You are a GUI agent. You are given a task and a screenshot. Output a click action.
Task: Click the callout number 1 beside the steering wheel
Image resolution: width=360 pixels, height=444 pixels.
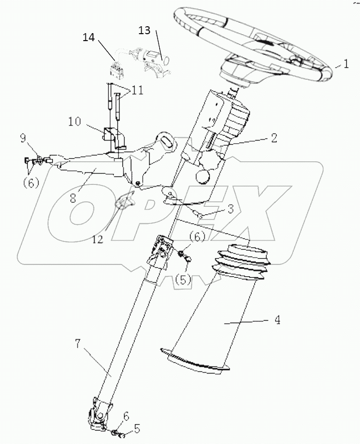(x=346, y=64)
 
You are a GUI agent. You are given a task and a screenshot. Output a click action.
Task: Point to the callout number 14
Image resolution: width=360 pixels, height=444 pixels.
(x=89, y=37)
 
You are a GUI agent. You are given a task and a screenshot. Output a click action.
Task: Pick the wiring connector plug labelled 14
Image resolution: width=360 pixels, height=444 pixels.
(x=115, y=67)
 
